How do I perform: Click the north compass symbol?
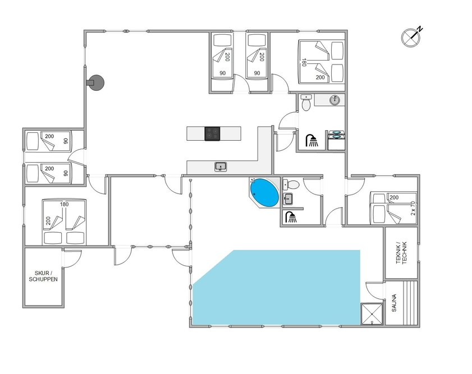(x=411, y=37)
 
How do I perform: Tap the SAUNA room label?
(x=394, y=303)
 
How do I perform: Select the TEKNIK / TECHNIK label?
(x=401, y=253)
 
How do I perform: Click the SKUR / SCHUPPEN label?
(x=43, y=276)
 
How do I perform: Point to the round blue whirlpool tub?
(x=264, y=193)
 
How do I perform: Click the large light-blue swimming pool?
(x=276, y=287)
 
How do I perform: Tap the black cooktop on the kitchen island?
(x=212, y=133)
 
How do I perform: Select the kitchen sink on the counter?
(x=221, y=167)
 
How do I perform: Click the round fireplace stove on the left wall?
(x=95, y=82)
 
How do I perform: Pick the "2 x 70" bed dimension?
(x=413, y=208)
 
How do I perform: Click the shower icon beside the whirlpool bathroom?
(x=291, y=217)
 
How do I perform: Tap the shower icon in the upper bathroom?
(x=312, y=140)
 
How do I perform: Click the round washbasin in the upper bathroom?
(x=334, y=100)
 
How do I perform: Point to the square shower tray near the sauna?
(x=372, y=314)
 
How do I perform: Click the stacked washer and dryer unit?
(x=336, y=140)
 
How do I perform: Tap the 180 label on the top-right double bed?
(x=304, y=62)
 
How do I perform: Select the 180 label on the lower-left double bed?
(x=64, y=205)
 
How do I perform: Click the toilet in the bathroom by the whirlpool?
(x=291, y=184)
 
